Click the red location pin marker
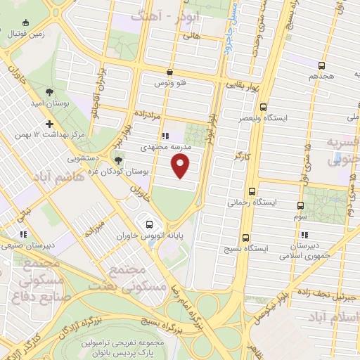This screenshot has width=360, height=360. pos(181,166)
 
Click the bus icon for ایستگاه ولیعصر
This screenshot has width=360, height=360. pos(264,108)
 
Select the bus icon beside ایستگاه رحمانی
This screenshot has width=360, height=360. pos(251,191)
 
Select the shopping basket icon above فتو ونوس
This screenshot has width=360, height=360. pos(170,72)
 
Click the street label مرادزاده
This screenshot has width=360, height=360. pos(151,112)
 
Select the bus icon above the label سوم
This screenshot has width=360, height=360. pos(300,205)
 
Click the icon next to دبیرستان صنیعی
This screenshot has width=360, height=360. pos(23,234)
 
